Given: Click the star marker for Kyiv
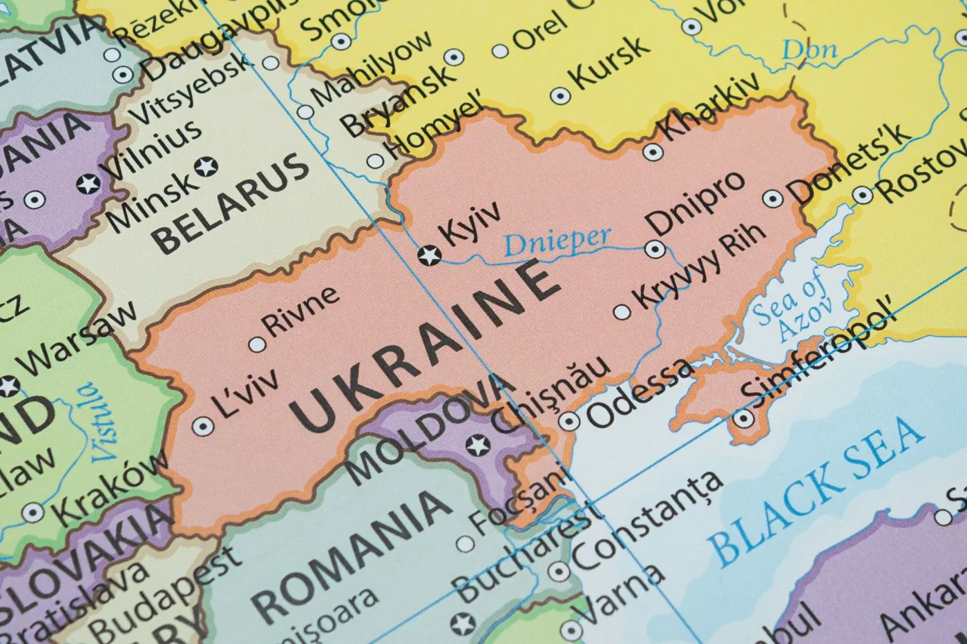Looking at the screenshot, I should [x=430, y=256].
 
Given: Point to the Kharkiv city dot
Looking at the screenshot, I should [x=652, y=152].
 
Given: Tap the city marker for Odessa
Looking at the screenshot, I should [x=568, y=421].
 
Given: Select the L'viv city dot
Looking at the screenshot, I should [x=202, y=427].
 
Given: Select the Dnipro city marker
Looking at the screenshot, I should [x=655, y=249].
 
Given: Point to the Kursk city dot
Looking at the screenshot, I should [x=559, y=95].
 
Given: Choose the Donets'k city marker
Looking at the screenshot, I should [x=772, y=199].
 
